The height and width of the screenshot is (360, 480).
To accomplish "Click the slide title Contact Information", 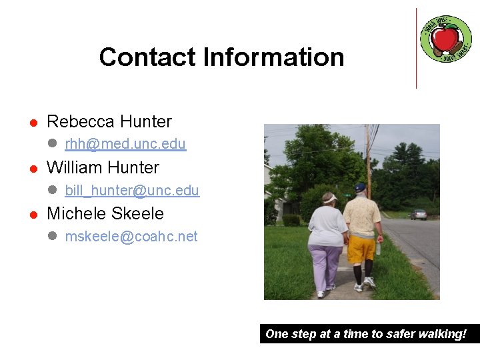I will point(221,57).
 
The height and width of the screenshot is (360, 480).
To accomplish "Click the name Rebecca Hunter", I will point(109,121).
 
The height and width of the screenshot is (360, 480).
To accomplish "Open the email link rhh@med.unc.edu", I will point(125,144).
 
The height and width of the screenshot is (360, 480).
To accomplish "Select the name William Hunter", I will point(103,167).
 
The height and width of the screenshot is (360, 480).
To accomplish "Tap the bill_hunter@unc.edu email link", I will point(132,191).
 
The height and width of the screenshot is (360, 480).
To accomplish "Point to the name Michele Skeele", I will point(105,213).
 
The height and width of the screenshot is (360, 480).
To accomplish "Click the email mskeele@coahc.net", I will point(131,237).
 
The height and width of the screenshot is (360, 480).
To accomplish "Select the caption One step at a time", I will point(366,334).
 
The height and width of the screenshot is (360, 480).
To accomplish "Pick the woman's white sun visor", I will point(329,199).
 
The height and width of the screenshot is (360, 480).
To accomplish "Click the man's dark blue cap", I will point(361,188).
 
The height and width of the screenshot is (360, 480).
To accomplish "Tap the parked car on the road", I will point(418,214).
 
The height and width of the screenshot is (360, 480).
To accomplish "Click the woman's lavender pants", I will point(326,265).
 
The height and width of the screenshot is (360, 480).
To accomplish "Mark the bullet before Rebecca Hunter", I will point(31,123).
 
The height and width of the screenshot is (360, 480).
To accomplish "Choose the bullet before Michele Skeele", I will point(31,215).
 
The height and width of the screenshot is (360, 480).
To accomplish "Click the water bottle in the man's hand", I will point(379,247).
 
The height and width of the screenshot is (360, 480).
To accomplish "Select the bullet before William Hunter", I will point(31,169).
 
